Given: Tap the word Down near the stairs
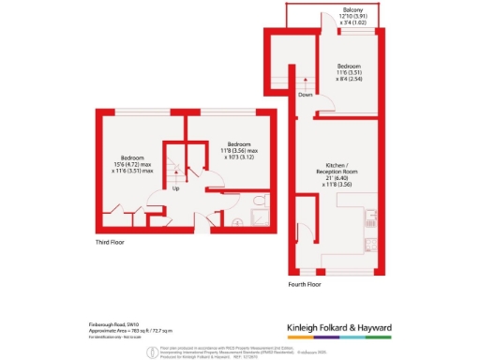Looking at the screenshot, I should pyautogui.click(x=305, y=95).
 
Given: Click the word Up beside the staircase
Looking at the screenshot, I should pyautogui.click(x=175, y=188).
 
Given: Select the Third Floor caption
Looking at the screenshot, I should pyautogui.click(x=113, y=242).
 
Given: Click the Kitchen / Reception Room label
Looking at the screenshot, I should pyautogui.click(x=335, y=171).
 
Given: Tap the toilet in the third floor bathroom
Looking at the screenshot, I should pyautogui.click(x=262, y=202).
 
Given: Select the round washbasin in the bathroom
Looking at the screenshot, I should pyautogui.click(x=236, y=222).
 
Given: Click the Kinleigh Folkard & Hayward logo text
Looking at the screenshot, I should pyautogui.click(x=351, y=328).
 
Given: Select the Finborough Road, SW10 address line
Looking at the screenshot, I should pyautogui.click(x=102, y=323).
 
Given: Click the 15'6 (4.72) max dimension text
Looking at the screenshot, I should pyautogui.click(x=132, y=164).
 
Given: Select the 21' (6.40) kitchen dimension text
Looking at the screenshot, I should pyautogui.click(x=335, y=179).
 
